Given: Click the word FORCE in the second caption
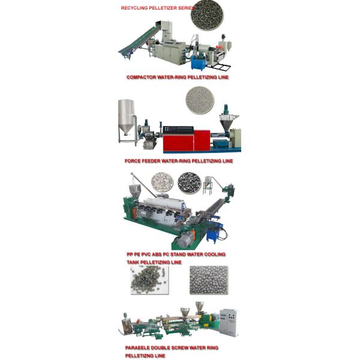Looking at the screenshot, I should coord(132,161).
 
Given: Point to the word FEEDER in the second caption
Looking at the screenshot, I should coord(152,161).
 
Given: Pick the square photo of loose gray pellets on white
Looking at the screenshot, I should coord(149,280).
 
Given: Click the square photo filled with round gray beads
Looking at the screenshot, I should coord(208,280).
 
